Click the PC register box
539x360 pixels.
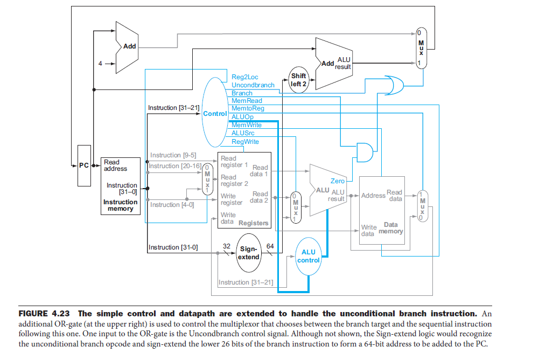click(84, 165)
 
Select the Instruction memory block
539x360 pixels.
click(121, 186)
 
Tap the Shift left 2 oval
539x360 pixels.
click(298, 80)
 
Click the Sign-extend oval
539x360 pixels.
click(249, 253)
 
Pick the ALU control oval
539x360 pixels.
click(309, 256)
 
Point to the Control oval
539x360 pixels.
click(215, 114)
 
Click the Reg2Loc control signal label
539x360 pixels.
click(244, 77)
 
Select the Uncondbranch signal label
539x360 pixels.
click(253, 85)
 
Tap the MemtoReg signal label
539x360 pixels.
click(248, 108)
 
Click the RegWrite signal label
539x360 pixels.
click(245, 142)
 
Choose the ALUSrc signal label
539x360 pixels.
click(243, 133)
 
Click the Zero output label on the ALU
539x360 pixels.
click(337, 181)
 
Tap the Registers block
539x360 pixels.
click(244, 190)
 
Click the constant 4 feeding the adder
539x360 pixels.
click(100, 64)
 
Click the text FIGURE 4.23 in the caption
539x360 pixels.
click(45, 314)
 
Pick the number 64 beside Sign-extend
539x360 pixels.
click(270, 246)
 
